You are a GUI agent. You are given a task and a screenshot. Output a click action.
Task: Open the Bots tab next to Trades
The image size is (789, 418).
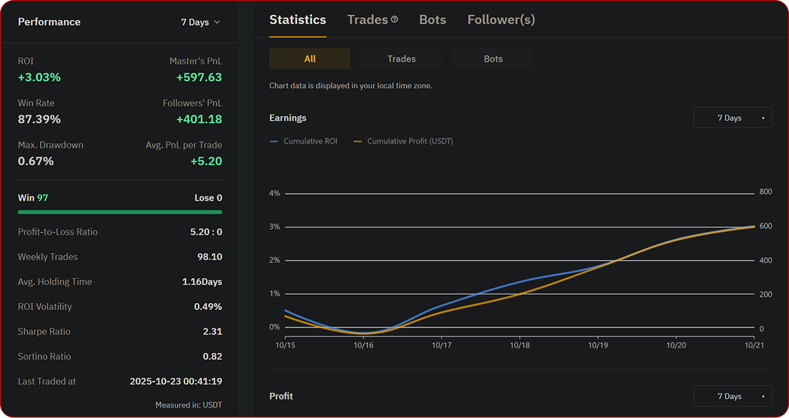[433, 20]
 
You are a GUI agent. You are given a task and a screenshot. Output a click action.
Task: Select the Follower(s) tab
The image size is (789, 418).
[501, 20]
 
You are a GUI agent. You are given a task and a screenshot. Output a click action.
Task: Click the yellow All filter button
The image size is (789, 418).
[309, 59]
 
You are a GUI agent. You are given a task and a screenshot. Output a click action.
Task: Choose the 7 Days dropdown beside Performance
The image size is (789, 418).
[200, 22]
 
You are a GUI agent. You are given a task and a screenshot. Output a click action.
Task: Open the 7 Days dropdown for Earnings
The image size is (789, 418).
[732, 118]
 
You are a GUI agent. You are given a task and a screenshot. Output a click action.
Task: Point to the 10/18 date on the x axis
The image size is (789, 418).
[520, 345]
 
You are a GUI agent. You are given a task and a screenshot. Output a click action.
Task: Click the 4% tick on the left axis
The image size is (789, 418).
[275, 194]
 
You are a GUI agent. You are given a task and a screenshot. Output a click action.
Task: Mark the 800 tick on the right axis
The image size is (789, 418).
[765, 192]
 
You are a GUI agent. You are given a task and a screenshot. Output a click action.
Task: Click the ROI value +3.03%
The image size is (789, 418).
[39, 78]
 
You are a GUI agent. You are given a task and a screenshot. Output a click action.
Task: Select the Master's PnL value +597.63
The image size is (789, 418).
[199, 78]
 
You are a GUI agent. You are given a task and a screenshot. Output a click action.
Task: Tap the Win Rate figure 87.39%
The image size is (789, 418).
[39, 119]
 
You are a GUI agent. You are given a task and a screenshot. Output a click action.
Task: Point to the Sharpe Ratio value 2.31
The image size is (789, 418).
[212, 331]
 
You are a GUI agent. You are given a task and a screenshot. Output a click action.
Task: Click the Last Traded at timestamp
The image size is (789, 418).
[176, 381]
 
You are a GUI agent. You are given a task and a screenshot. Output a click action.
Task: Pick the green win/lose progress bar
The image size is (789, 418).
[120, 212]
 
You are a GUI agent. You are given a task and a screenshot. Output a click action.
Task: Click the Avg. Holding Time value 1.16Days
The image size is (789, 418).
[202, 282]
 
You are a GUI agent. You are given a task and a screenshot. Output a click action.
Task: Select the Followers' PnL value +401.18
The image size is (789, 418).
[199, 119]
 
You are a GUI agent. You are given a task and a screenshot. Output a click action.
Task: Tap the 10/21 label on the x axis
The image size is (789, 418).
[754, 345]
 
